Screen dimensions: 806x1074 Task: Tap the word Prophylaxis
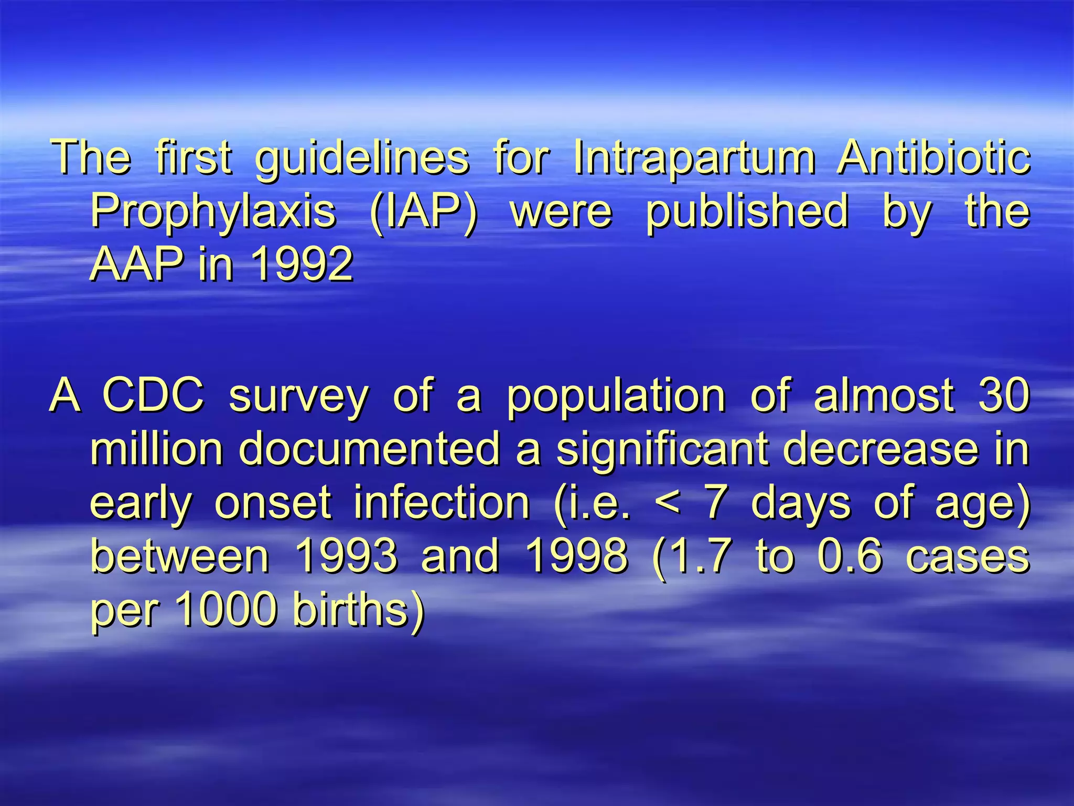(x=213, y=212)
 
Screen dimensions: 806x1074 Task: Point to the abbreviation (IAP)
(x=424, y=212)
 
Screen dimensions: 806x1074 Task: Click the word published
(x=747, y=212)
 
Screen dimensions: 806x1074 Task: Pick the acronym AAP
(x=137, y=264)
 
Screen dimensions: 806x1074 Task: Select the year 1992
(x=302, y=264)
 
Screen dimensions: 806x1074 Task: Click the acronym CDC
(x=153, y=396)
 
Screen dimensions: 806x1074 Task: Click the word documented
(x=369, y=449)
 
